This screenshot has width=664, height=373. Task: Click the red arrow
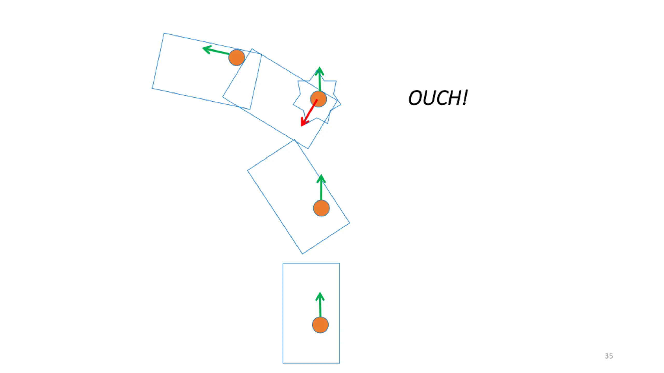pyautogui.click(x=309, y=113)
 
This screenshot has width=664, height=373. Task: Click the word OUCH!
pyautogui.click(x=438, y=98)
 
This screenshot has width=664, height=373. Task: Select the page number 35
pyautogui.click(x=609, y=356)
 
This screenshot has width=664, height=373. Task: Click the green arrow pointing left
pyautogui.click(x=216, y=50)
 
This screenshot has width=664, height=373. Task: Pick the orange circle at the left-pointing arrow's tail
pyautogui.click(x=237, y=58)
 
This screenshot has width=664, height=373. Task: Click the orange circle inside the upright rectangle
pyautogui.click(x=320, y=325)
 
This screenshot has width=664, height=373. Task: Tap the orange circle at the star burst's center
pyautogui.click(x=319, y=99)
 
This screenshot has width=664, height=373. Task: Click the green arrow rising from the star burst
pyautogui.click(x=320, y=79)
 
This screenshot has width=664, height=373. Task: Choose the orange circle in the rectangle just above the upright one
pyautogui.click(x=321, y=208)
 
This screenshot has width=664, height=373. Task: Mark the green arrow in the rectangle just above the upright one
pyautogui.click(x=321, y=188)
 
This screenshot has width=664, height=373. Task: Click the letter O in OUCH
pyautogui.click(x=415, y=98)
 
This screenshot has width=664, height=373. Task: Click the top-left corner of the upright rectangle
pyautogui.click(x=283, y=263)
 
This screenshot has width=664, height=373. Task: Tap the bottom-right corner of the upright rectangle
pyautogui.click(x=339, y=363)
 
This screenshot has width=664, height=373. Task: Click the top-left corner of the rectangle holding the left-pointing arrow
pyautogui.click(x=164, y=33)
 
